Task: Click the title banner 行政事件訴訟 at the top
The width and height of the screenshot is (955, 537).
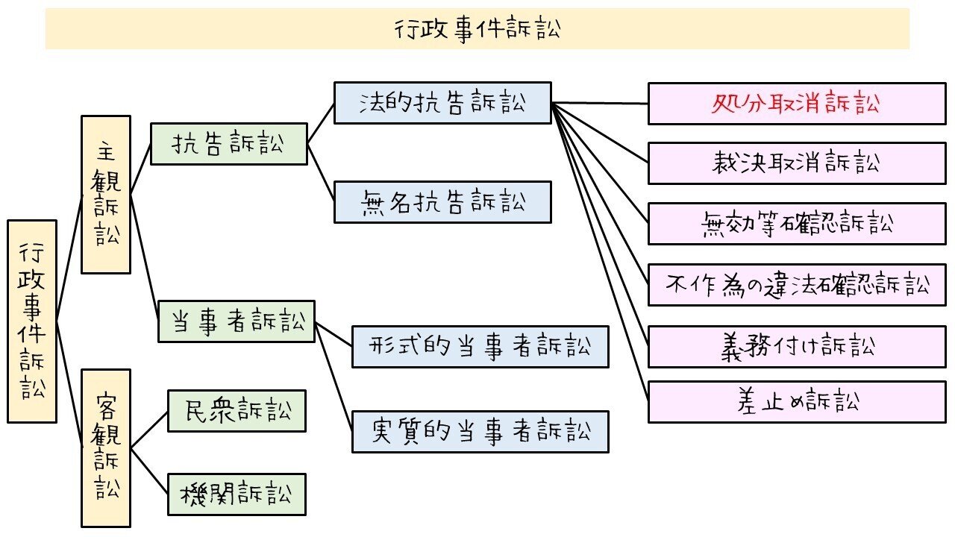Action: point(477,29)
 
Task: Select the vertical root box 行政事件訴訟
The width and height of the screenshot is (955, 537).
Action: point(32,321)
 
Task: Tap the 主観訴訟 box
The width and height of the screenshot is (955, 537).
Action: point(106,194)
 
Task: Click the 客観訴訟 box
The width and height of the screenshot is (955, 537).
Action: point(106,447)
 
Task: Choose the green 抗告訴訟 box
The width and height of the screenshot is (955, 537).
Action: point(228,144)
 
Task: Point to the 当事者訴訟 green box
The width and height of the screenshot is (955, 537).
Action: point(236,321)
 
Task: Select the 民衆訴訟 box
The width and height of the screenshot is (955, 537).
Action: point(237,410)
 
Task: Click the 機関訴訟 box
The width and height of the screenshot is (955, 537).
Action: point(237,494)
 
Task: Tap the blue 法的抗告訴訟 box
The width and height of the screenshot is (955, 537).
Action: point(442,103)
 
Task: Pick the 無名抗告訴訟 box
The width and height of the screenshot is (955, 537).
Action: point(442,202)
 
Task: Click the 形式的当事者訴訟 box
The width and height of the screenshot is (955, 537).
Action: point(480,347)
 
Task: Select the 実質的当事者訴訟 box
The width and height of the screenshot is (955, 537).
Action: point(480,432)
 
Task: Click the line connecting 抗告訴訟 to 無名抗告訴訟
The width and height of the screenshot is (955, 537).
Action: point(321,173)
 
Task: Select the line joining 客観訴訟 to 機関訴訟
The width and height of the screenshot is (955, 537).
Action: point(149,471)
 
